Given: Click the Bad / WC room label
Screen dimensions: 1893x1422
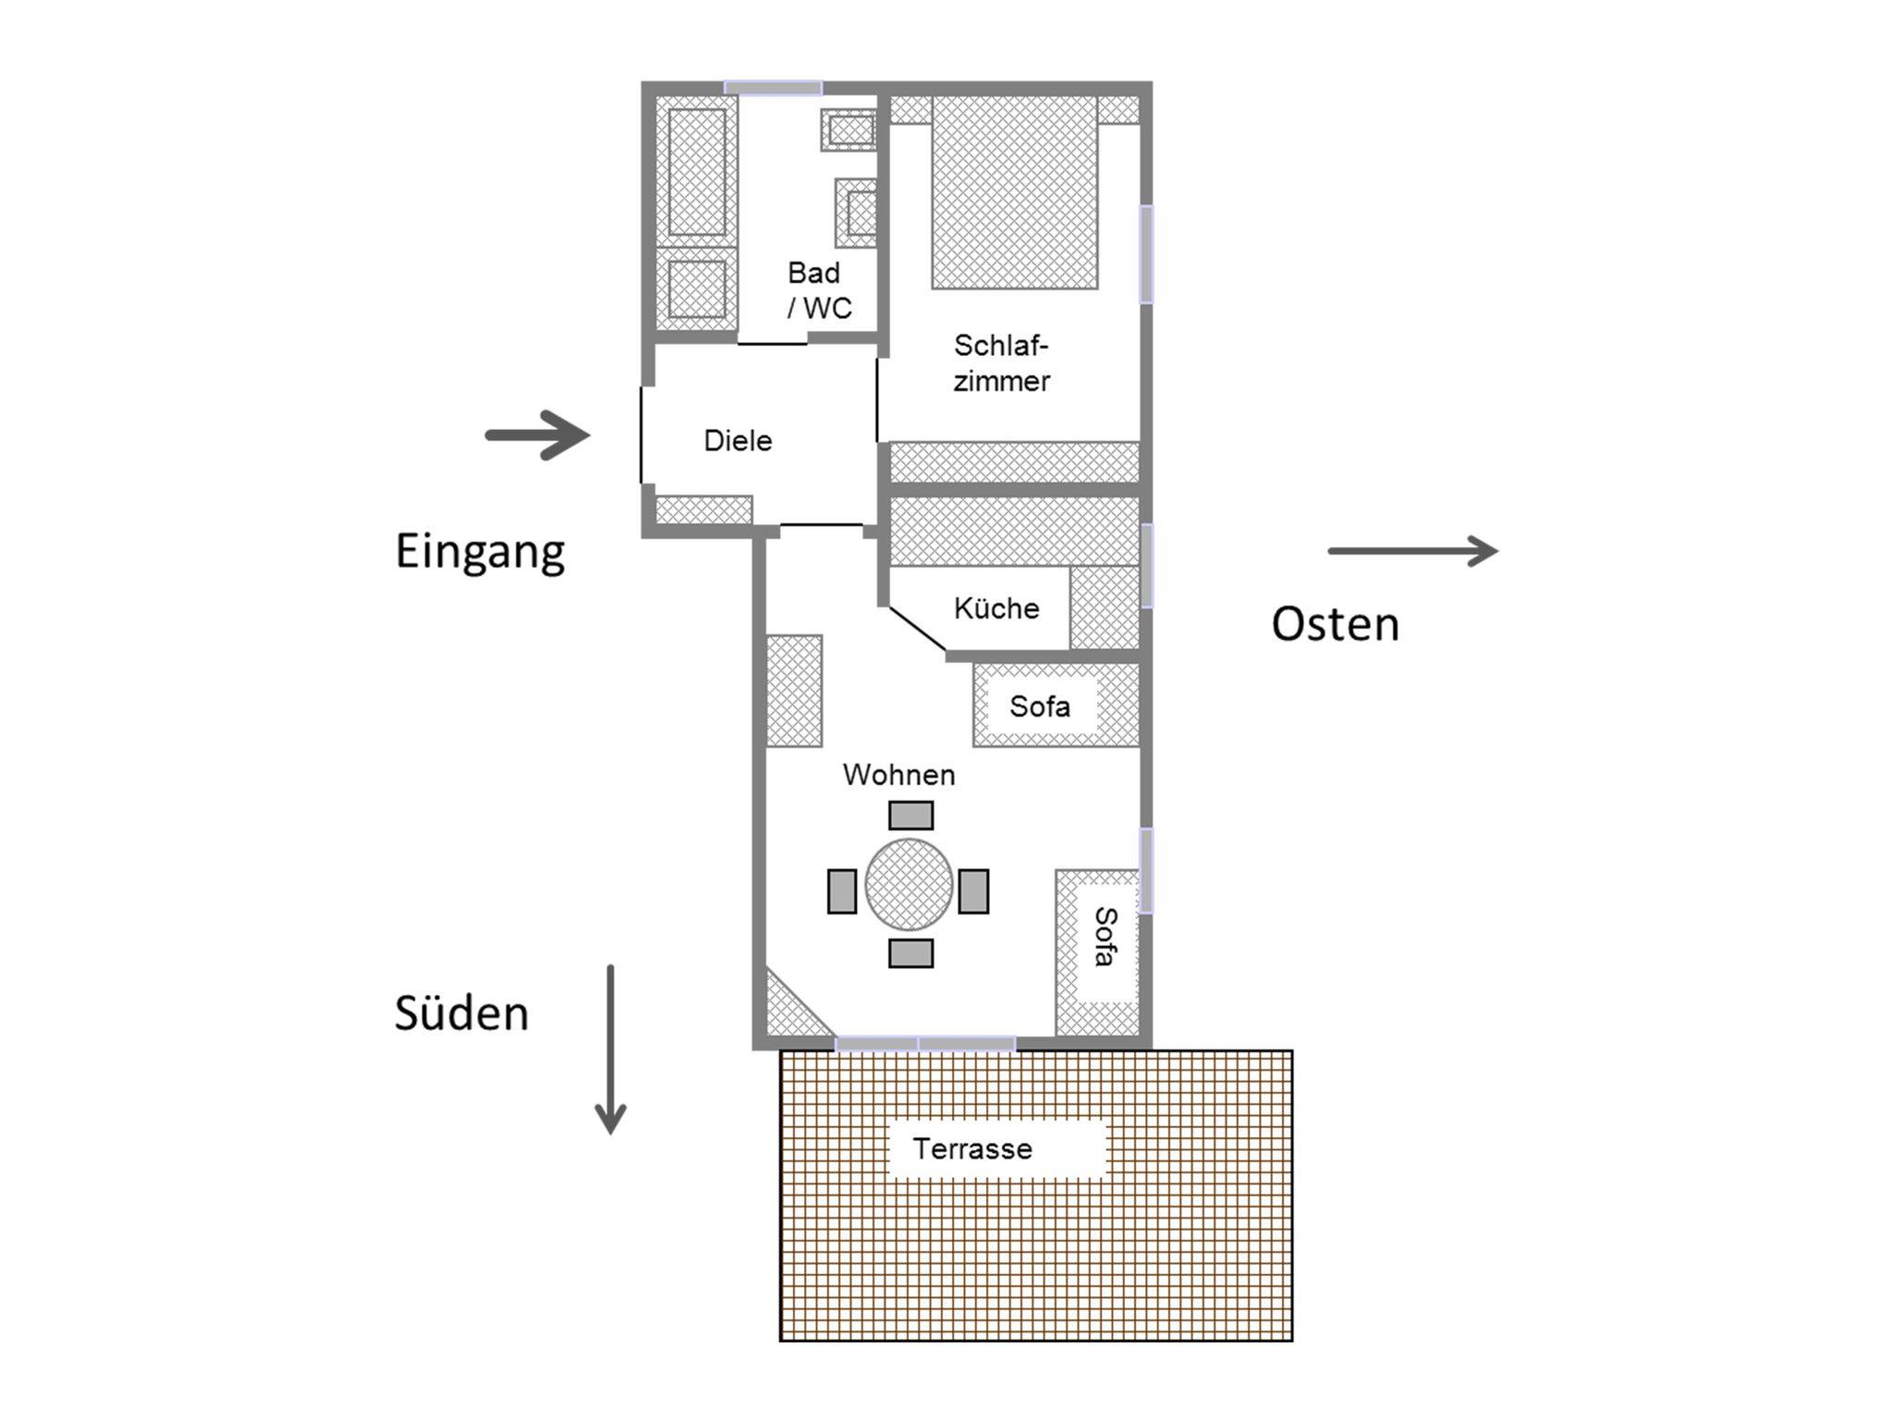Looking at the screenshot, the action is (819, 290).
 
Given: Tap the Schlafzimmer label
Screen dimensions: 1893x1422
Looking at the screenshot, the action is (1002, 363).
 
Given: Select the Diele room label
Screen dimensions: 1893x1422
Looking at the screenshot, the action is (738, 440).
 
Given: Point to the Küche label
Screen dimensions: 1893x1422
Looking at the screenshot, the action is (996, 608).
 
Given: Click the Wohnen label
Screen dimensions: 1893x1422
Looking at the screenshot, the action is (898, 775).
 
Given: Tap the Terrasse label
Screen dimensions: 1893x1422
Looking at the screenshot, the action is (972, 1148).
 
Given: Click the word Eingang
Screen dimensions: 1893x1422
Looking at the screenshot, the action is (480, 553).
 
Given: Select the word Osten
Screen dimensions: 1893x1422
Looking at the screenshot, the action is (1335, 624).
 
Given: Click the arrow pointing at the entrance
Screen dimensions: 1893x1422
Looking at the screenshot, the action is (538, 435).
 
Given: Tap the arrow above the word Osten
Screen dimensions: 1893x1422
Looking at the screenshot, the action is (1413, 551).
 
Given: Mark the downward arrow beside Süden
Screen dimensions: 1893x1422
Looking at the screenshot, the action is (610, 1049).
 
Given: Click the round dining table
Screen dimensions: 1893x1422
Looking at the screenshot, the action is (910, 885).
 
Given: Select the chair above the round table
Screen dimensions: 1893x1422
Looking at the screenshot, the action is (910, 815).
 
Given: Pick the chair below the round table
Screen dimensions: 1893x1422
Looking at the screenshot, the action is (910, 953).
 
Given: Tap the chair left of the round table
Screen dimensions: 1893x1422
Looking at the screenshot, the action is (842, 891).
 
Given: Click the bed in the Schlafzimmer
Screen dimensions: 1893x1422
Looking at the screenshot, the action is (1015, 192).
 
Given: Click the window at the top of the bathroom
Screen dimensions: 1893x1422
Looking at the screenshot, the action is (773, 88).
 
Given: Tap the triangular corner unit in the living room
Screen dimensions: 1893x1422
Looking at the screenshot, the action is (794, 1006).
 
